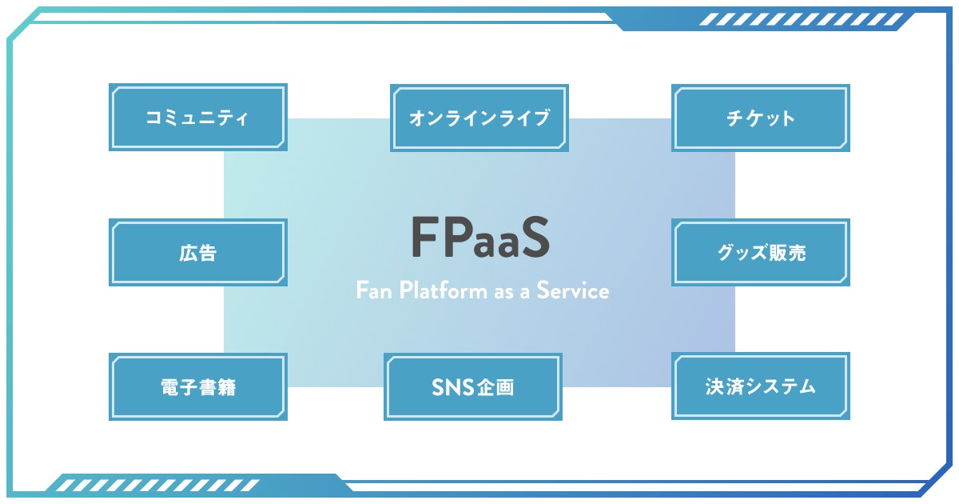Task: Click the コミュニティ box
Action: [198, 118]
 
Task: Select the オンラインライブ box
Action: [479, 118]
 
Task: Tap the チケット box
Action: [761, 118]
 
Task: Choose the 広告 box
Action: [198, 253]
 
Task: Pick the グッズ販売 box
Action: [761, 253]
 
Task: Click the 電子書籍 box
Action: [198, 387]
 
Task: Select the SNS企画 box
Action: [473, 387]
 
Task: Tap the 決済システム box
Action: [761, 387]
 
